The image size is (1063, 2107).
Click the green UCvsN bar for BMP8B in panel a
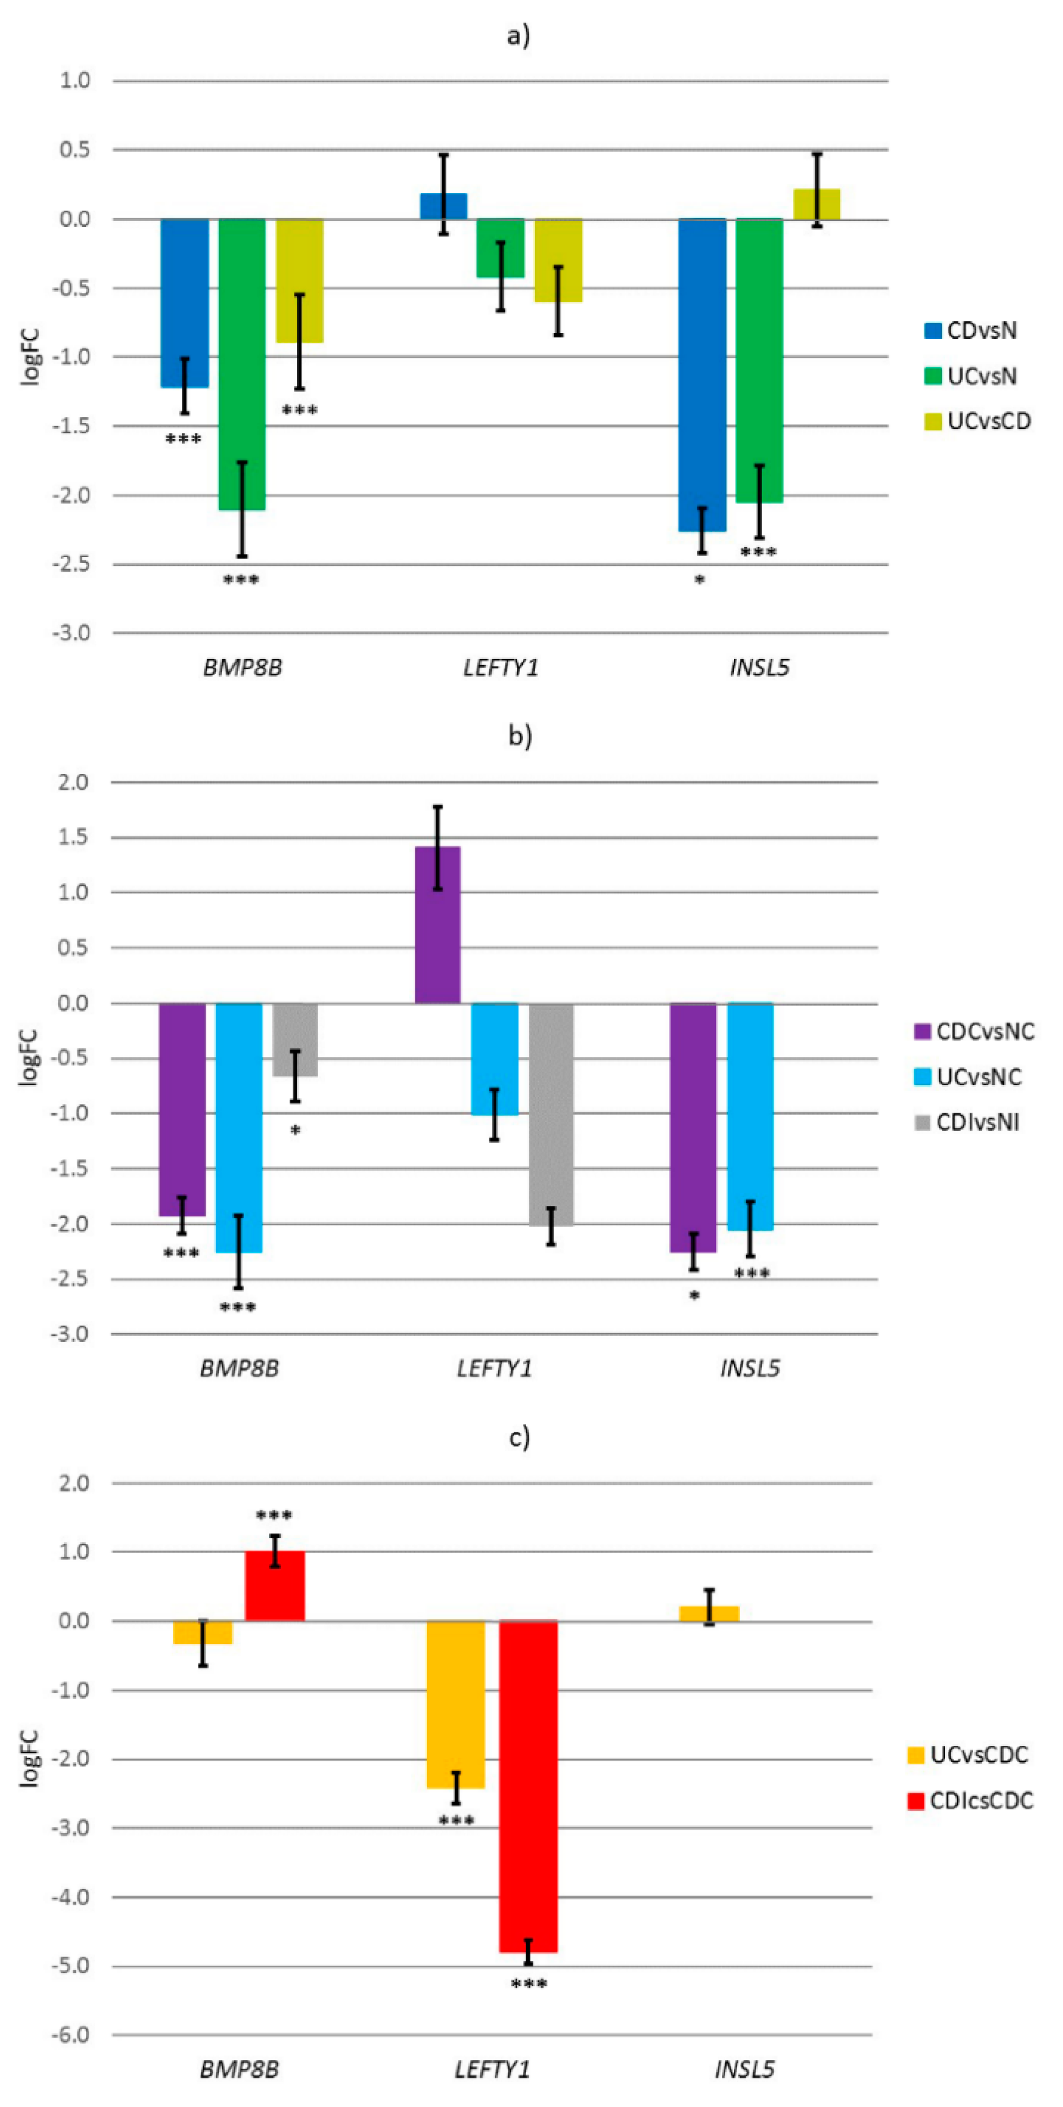[x=242, y=364]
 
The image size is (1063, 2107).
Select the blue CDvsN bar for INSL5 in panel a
[x=701, y=375]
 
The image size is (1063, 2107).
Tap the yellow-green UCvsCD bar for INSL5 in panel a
[x=816, y=205]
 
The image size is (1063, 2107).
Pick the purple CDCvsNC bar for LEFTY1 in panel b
[x=437, y=924]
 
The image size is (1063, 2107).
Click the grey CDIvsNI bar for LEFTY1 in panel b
[x=551, y=1114]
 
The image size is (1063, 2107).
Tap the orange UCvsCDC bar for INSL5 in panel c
[x=709, y=1613]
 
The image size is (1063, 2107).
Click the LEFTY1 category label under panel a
[x=501, y=668]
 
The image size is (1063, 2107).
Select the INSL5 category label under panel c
[x=744, y=2070]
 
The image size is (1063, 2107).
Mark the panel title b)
[x=520, y=736]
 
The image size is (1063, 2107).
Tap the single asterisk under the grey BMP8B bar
[x=295, y=1131]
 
